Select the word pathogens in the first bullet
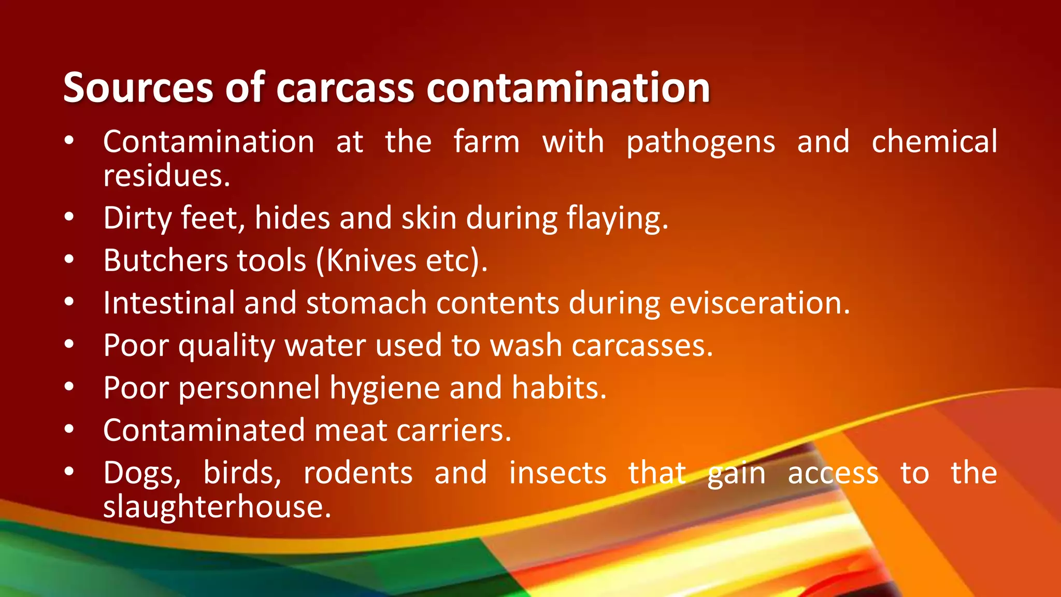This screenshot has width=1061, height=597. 700,142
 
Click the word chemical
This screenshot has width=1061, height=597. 934,141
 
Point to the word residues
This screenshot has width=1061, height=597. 166,176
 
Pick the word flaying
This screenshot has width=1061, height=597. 617,218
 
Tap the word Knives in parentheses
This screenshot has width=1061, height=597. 371,260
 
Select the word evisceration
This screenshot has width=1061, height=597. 759,303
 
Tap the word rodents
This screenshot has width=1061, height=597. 358,473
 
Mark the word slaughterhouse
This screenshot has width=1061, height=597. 217,506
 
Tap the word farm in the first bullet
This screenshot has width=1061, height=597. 486,141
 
